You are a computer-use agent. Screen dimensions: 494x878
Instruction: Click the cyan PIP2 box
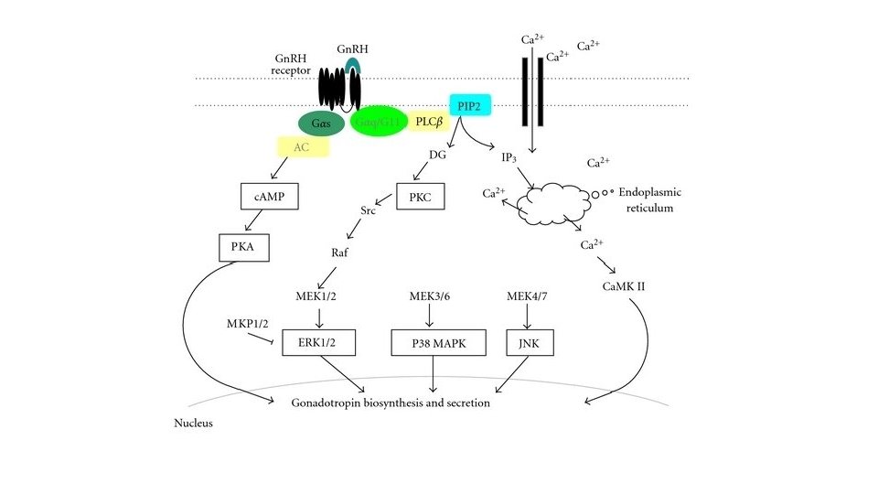[x=471, y=106]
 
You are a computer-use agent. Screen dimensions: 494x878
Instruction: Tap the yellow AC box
[x=303, y=146]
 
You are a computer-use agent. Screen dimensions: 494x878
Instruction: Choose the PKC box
[x=420, y=197]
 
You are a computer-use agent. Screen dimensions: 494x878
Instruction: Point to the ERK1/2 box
[x=318, y=341]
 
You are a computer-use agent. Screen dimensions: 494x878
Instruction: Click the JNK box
[x=530, y=341]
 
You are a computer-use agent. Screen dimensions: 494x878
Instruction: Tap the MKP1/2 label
[x=247, y=325]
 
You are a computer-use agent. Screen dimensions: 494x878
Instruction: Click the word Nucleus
[x=193, y=424]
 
